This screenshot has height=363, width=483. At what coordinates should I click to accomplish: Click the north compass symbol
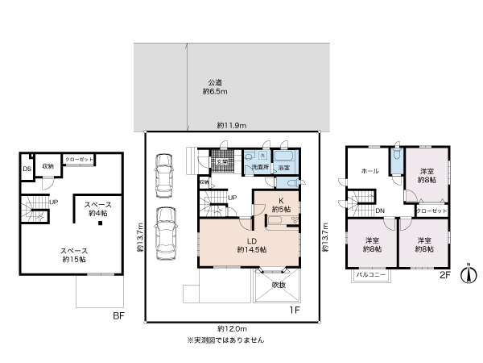(464, 273)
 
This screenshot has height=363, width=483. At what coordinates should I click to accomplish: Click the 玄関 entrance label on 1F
(221, 162)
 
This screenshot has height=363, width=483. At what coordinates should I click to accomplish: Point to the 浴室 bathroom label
(283, 168)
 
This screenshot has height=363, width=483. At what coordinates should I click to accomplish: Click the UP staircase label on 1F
(232, 198)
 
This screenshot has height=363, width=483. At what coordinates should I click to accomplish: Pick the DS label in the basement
(27, 169)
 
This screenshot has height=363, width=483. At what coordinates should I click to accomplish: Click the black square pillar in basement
(102, 223)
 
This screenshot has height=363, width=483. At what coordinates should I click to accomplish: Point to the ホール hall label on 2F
(370, 171)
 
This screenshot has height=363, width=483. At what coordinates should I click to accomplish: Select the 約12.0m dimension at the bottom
(232, 328)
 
